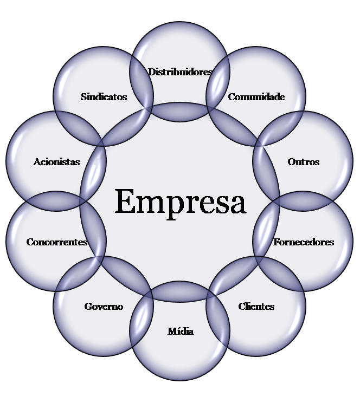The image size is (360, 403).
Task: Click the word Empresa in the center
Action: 181,201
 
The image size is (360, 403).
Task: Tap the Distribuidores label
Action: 179,72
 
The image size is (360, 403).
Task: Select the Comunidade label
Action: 256,97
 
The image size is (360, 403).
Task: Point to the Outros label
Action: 303,162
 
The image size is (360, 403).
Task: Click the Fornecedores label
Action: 303,242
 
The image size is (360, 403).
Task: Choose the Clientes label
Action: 256,307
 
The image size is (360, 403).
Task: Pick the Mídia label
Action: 180,331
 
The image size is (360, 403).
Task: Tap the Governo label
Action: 104,307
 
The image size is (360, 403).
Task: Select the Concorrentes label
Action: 56,242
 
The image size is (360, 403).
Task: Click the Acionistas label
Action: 56,162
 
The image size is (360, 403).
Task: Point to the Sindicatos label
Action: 104,97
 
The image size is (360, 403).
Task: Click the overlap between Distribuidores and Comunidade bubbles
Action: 218,83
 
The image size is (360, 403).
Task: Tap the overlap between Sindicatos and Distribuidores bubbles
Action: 142,83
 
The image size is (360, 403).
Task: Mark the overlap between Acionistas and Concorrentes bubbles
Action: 56,201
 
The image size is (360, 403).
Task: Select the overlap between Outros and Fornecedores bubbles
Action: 303,201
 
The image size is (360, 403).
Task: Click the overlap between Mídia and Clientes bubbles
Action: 218,320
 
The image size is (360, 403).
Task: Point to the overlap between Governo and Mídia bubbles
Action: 142,320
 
